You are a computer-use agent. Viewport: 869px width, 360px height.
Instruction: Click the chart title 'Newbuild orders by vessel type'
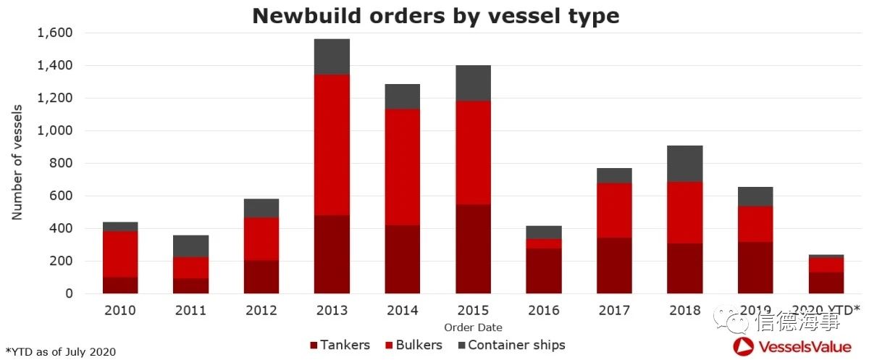point(435,16)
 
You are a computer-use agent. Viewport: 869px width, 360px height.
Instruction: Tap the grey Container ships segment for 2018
point(685,164)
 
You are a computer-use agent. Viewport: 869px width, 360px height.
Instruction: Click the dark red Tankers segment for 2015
point(473,248)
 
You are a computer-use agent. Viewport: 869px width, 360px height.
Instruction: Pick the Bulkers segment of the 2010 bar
point(120,254)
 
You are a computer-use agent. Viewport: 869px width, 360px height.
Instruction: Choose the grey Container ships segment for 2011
point(191,246)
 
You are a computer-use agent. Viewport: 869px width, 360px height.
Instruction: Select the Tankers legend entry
point(340,345)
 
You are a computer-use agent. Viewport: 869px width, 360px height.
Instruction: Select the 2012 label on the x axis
point(261,311)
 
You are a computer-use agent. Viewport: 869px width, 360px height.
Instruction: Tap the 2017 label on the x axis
point(614,311)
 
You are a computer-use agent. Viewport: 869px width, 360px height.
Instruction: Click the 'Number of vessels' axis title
point(17,163)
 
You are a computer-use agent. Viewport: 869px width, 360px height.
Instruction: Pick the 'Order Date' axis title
point(473,327)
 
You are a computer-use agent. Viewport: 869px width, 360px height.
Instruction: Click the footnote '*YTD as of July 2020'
point(61,351)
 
